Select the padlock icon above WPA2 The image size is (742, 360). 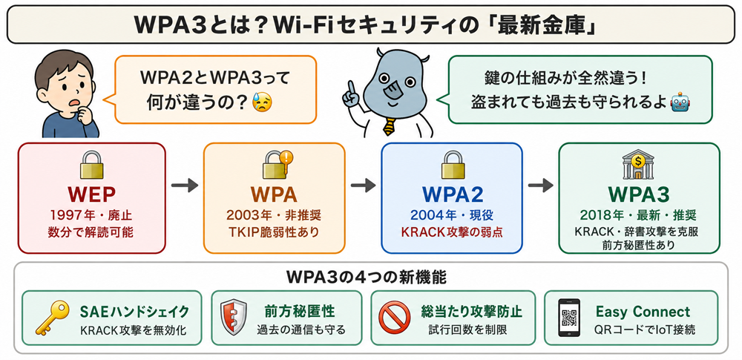[453, 164]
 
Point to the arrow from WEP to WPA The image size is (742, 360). [185, 186]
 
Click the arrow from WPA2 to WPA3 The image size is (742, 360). [540, 186]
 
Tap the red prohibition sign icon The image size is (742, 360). [394, 318]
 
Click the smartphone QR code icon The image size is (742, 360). [570, 318]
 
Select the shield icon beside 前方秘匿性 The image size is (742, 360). [233, 318]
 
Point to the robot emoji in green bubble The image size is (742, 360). [680, 102]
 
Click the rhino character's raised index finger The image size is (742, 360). [351, 87]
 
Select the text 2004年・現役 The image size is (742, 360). [451, 215]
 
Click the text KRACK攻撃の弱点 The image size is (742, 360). [451, 232]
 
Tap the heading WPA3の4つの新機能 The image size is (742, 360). [367, 278]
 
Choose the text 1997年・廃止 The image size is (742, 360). [91, 215]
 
